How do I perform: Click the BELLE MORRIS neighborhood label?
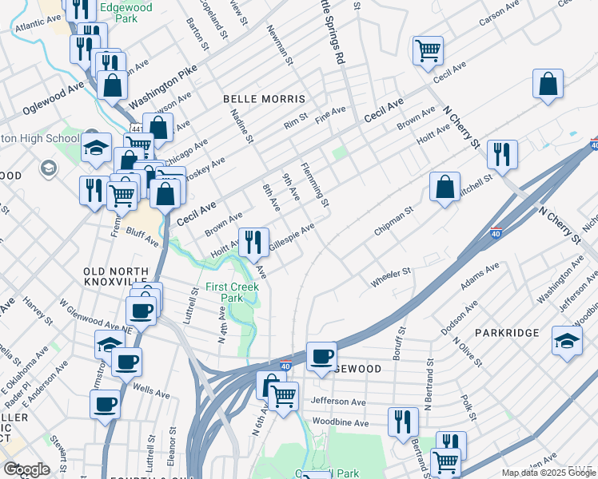pyautogui.click(x=264, y=99)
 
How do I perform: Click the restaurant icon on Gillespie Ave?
pyautogui.click(x=253, y=242)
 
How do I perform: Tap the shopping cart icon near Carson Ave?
pyautogui.click(x=429, y=51)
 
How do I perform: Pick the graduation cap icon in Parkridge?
pyautogui.click(x=567, y=340)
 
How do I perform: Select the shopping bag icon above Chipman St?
pyautogui.click(x=445, y=188)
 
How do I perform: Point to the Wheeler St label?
pyautogui.click(x=390, y=277)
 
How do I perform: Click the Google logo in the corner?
pyautogui.click(x=26, y=469)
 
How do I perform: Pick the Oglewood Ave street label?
pyautogui.click(x=54, y=99)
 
